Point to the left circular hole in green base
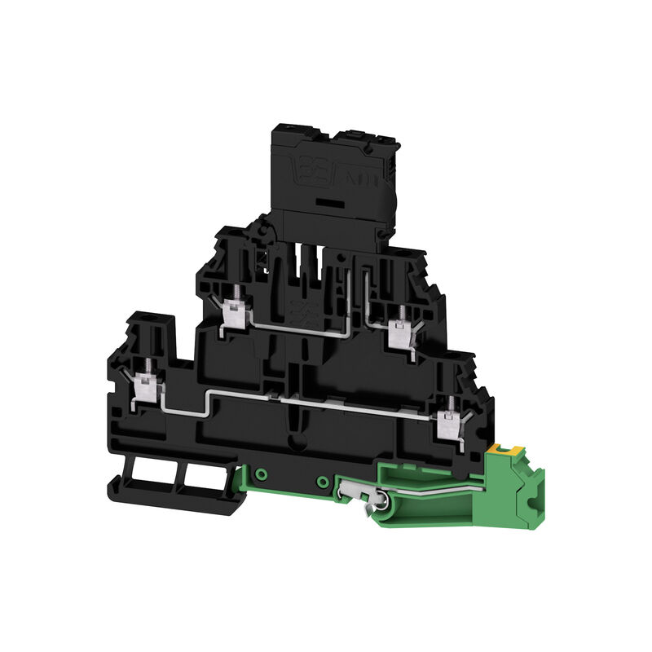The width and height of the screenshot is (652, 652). (261, 474)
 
